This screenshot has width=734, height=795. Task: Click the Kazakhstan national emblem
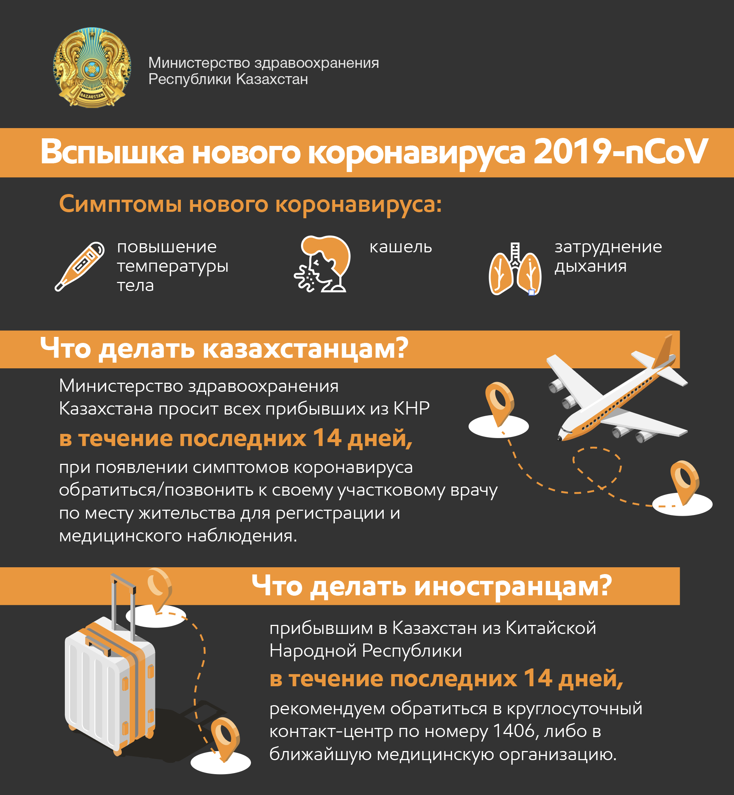(92, 67)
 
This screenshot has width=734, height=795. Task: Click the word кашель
(400, 247)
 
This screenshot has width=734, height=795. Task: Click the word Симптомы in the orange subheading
(120, 204)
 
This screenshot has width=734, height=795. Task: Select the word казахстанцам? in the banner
(306, 349)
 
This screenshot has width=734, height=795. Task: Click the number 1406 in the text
(513, 731)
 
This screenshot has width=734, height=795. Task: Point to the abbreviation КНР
(411, 408)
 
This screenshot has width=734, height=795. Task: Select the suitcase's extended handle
(123, 603)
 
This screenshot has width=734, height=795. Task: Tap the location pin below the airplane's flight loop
(684, 482)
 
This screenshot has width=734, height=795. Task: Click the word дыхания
(590, 266)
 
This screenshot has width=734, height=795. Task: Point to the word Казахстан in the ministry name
(272, 79)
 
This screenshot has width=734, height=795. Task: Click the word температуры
(173, 266)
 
